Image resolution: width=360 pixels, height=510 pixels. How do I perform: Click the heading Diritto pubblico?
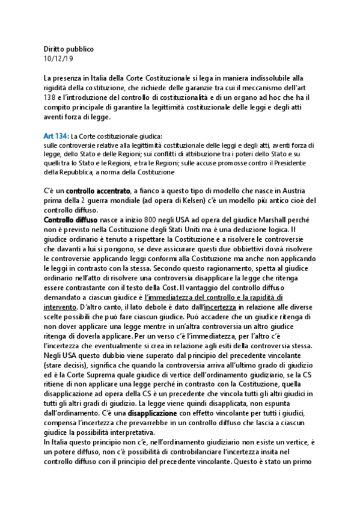69,49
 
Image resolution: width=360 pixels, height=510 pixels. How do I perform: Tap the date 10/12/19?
57,58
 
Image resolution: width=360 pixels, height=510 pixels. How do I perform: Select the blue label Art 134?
55,137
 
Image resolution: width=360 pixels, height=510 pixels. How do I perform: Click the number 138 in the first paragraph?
50,97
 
